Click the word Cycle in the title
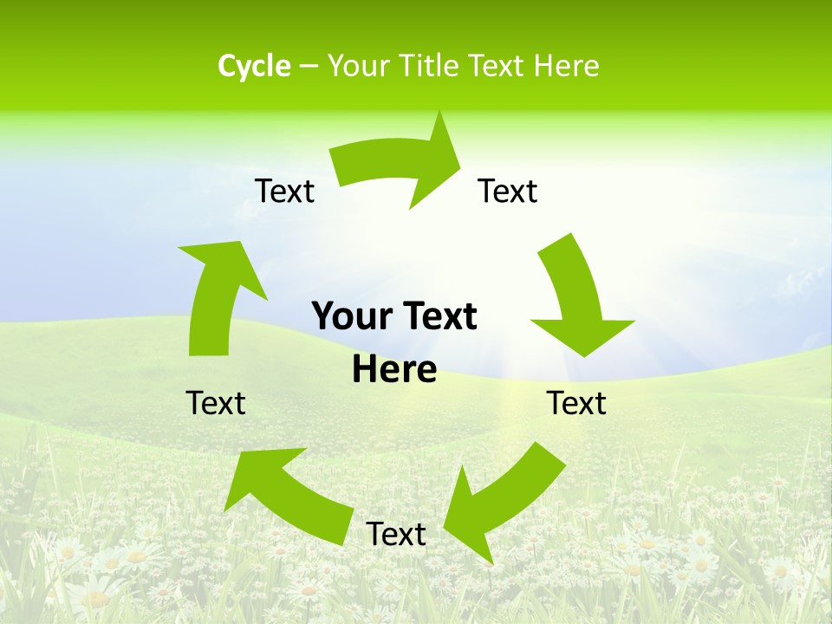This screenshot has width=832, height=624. click(x=254, y=66)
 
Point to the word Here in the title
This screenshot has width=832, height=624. click(x=567, y=66)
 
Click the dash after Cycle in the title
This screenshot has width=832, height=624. click(x=309, y=66)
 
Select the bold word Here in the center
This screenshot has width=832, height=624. click(x=394, y=369)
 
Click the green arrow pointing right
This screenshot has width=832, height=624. click(x=399, y=165)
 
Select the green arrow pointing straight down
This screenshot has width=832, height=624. click(x=576, y=299)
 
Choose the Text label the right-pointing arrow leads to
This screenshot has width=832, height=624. click(x=508, y=191)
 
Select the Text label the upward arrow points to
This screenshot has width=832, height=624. click(x=284, y=191)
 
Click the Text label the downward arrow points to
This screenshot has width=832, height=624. click(x=576, y=403)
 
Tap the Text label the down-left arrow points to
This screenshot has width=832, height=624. click(x=396, y=534)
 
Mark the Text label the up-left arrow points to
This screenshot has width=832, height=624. click(x=216, y=403)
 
